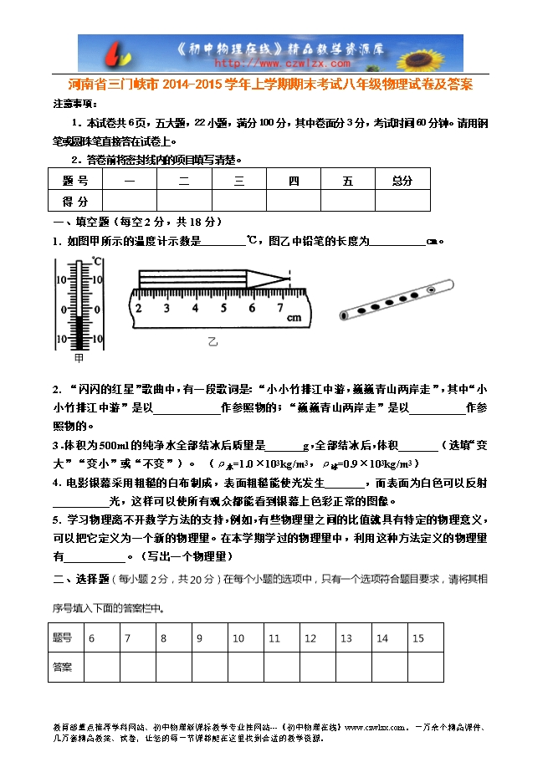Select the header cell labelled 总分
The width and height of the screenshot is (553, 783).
(402, 180)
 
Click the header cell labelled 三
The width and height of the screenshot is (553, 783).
(238, 180)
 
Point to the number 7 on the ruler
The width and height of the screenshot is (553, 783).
(280, 308)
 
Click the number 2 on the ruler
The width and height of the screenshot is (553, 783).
(139, 308)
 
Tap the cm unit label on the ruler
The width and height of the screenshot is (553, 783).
(294, 319)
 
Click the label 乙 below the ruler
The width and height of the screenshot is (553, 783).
(212, 341)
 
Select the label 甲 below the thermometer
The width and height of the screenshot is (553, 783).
(79, 358)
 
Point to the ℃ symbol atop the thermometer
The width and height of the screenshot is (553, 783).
(97, 260)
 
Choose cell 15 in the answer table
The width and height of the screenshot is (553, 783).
(418, 638)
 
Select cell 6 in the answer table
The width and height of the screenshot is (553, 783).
(91, 638)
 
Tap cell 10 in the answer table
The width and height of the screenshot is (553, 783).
(238, 638)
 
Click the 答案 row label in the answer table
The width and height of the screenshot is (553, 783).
(63, 667)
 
